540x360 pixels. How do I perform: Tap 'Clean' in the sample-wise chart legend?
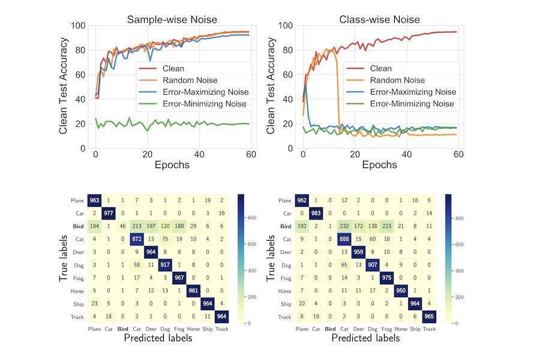pos(173,68)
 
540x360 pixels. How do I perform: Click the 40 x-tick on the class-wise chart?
pos(406,155)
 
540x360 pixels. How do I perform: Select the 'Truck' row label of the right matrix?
pos(284,317)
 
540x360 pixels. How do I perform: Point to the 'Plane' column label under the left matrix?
pos(94,329)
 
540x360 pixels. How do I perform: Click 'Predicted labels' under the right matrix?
pos(365,338)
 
